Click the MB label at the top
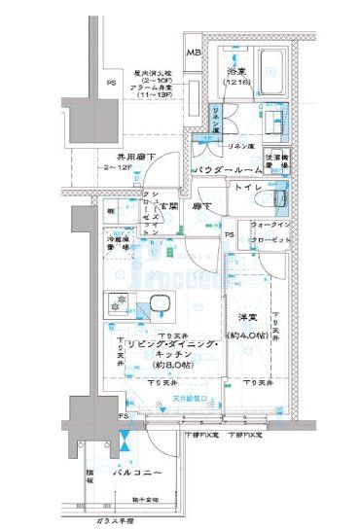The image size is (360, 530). pyautogui.click(x=194, y=53)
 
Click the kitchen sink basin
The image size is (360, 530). pyautogui.click(x=156, y=310)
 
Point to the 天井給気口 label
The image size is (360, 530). pyautogui.click(x=191, y=399)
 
